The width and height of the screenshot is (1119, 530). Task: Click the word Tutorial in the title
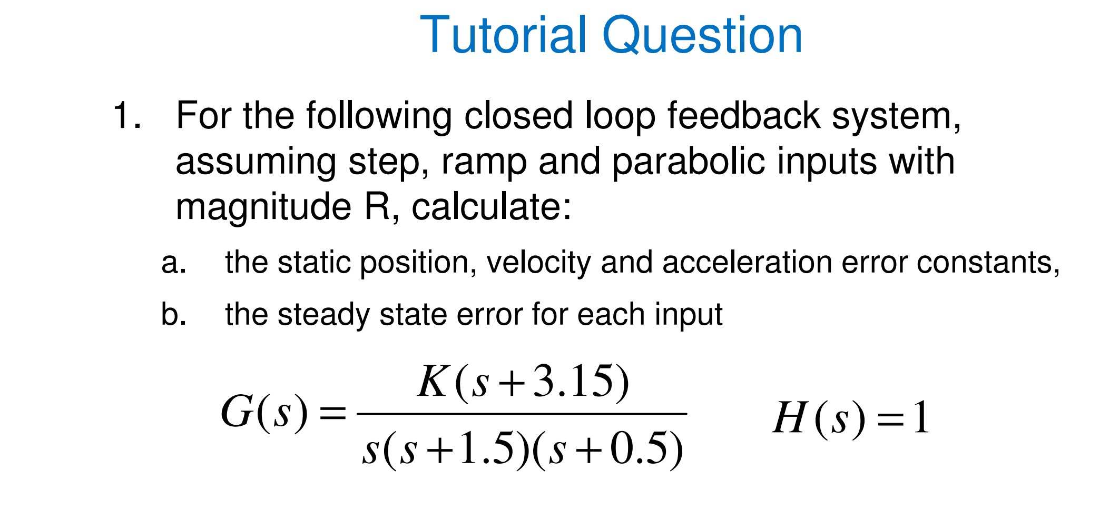(503, 35)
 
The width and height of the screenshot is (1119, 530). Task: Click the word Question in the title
(702, 35)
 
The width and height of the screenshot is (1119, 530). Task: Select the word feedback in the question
(743, 116)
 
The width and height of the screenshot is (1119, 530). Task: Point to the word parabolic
(688, 162)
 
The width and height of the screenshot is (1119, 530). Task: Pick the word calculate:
(491, 207)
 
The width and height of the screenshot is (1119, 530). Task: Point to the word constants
(987, 263)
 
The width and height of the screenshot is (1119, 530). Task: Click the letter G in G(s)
(237, 413)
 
